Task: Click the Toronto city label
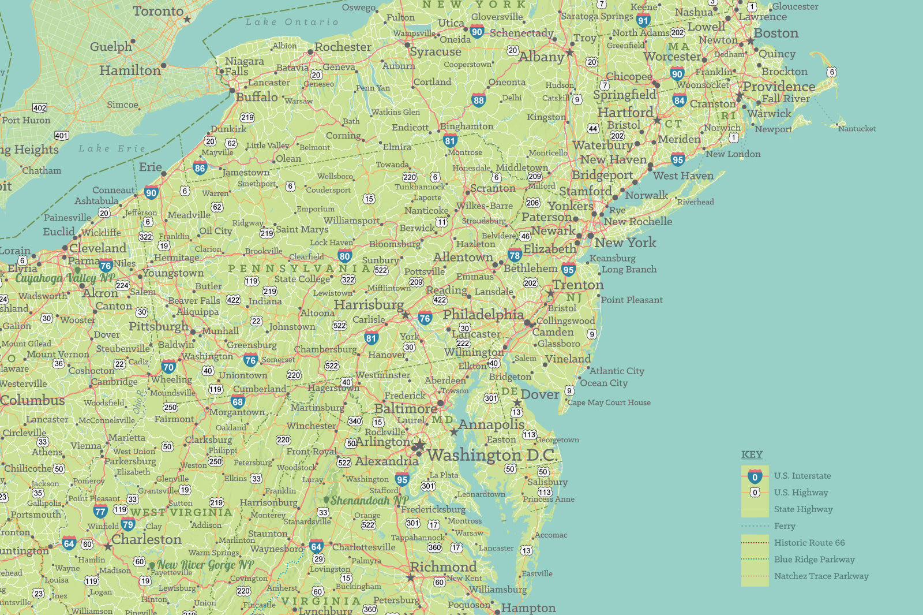(x=158, y=11)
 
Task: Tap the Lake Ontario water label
(x=292, y=22)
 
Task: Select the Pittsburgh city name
(x=159, y=326)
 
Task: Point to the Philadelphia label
(x=483, y=315)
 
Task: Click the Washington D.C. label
(x=491, y=455)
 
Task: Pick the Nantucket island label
(x=857, y=129)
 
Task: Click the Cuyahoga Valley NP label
(x=65, y=278)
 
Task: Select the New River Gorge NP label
(x=205, y=565)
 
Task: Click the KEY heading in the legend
(x=752, y=454)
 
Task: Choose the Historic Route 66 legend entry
(x=809, y=543)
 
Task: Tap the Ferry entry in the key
(x=785, y=526)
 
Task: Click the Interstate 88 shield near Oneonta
(x=478, y=100)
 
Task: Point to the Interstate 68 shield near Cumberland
(x=238, y=402)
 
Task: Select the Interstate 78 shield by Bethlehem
(x=515, y=255)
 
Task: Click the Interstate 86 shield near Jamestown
(x=200, y=169)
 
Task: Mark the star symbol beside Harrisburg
(x=406, y=315)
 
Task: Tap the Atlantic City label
(x=617, y=371)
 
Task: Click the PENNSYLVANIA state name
(x=299, y=269)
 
